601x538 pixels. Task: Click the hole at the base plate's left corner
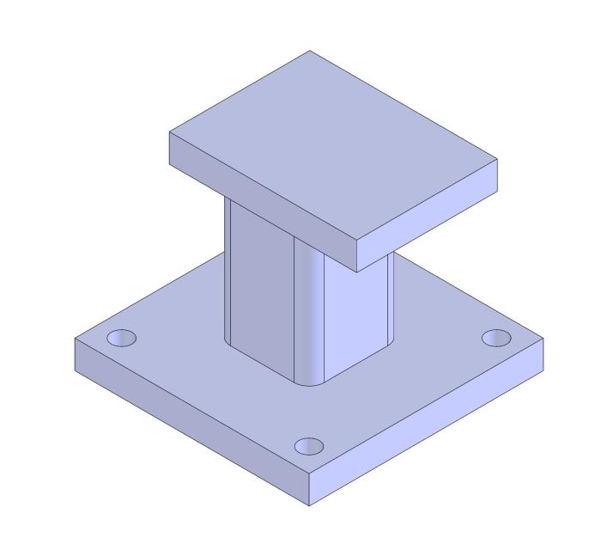(121, 338)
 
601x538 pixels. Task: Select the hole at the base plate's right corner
(495, 338)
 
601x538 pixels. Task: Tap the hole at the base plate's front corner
(309, 446)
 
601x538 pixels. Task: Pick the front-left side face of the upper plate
(262, 202)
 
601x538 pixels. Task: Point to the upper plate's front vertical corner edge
(356, 257)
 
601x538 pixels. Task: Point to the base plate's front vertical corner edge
(309, 490)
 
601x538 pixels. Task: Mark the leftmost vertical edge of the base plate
(76, 354)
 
